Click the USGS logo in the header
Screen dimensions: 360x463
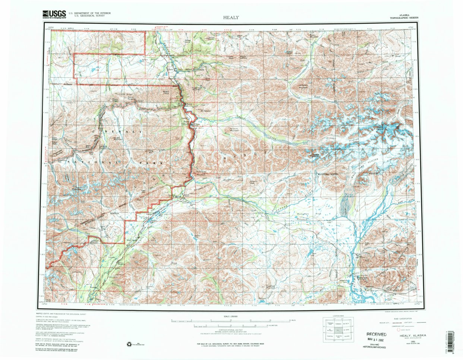tap(54, 14)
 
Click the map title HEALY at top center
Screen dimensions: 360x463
tap(231, 18)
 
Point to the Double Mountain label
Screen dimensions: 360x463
tap(117, 138)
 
